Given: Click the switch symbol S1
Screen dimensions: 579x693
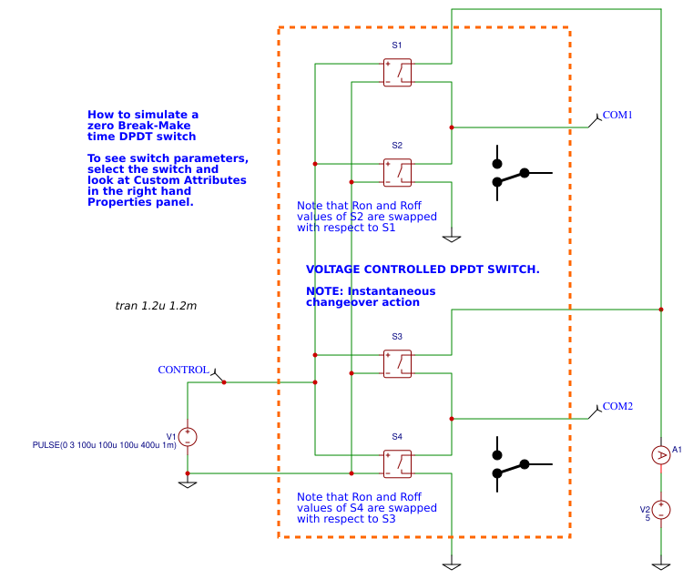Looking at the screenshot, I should point(397,73).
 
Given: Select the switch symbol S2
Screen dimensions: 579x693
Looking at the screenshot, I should point(397,173).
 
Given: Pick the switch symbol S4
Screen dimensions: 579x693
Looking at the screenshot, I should point(397,463).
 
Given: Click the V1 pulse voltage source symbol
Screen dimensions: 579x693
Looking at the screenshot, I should point(188,437).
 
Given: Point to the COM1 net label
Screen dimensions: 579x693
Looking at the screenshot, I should point(617,116).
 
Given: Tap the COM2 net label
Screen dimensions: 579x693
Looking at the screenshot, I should point(617,406).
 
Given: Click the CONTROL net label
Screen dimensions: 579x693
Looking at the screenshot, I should point(184,370).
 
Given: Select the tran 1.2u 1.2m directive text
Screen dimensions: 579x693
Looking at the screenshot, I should point(156,306).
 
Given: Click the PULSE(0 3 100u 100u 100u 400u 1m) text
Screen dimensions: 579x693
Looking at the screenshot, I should point(104,445).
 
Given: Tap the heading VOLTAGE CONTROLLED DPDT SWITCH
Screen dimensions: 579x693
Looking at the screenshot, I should point(423,269).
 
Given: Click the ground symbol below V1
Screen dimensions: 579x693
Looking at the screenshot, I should point(188,483).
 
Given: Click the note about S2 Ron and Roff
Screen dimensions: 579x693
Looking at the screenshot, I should point(366,217).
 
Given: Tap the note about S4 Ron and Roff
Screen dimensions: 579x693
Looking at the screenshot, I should point(366,508).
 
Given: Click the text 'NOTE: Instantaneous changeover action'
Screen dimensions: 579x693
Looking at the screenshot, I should point(370,297).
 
